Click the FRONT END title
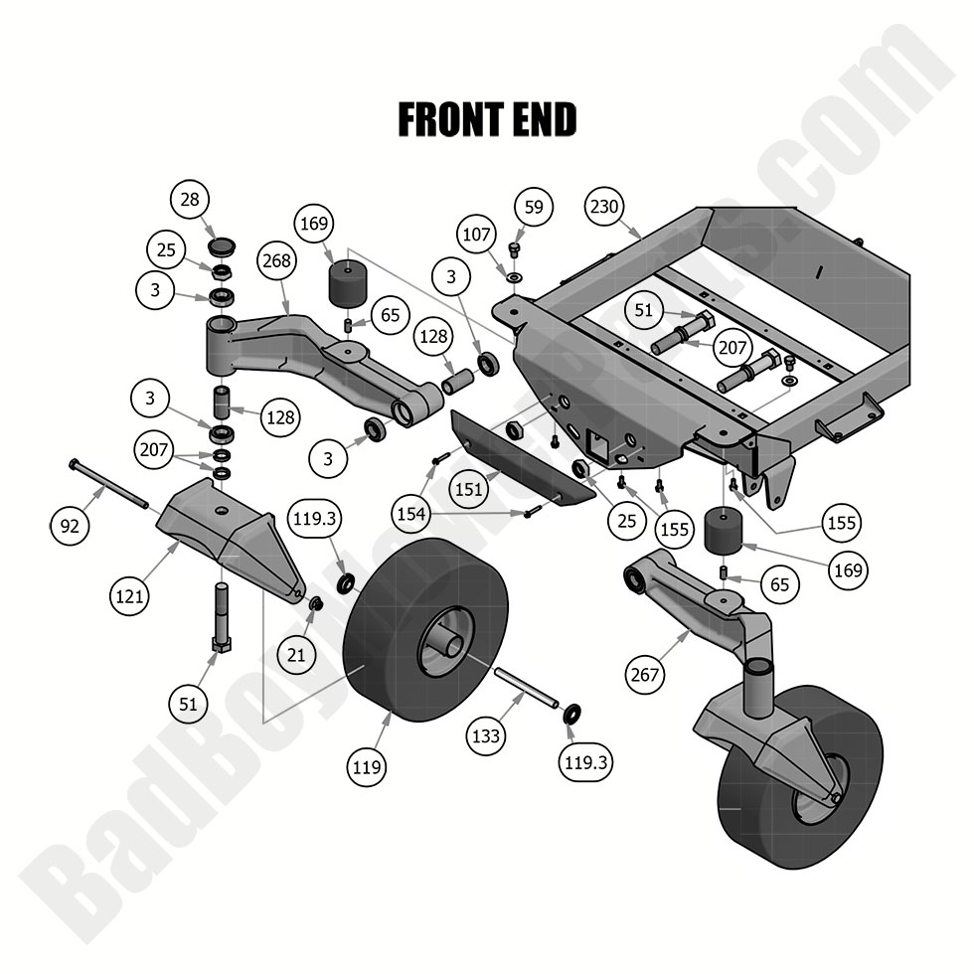coord(487,119)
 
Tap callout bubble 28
coord(190,200)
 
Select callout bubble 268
coord(276,260)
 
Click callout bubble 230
coord(604,207)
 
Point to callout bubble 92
coord(69,526)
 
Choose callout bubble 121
coord(129,596)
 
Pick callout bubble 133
coord(486,736)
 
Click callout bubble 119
coord(367,767)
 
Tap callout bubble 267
coord(644,675)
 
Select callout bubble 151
coord(468,489)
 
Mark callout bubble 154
coord(410,514)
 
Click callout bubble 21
coord(296,654)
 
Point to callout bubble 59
coord(534,207)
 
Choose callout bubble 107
coord(476,235)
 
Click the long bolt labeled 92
coord(109,483)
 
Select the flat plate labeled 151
coord(523,456)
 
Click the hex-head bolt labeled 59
coord(514,250)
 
